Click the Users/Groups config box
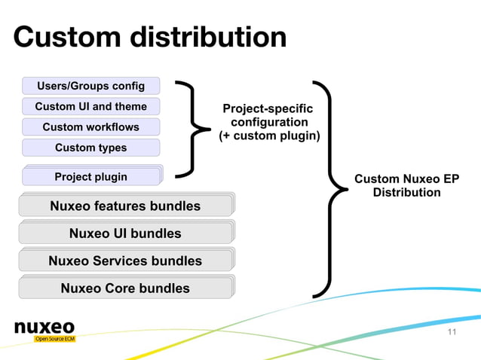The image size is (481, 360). tap(91, 86)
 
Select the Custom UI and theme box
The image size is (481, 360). tap(91, 106)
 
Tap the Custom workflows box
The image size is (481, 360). tap(91, 127)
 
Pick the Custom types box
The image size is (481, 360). tap(91, 148)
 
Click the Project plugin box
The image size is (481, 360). tap(91, 177)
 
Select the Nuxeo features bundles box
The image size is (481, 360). tap(125, 206)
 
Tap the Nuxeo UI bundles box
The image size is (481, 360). tap(125, 233)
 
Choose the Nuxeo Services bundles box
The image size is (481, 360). tap(125, 261)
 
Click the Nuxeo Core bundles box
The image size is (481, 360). tap(125, 288)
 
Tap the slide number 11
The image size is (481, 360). tap(452, 333)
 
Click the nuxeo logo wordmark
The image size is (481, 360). tap(44, 327)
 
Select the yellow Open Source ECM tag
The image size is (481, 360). tap(54, 340)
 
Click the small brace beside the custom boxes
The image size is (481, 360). tap(195, 129)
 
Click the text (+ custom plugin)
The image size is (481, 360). tap(269, 136)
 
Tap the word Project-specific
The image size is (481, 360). tap(268, 110)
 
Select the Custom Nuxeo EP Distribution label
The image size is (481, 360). tap(406, 185)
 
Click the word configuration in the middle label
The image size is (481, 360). tap(269, 123)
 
